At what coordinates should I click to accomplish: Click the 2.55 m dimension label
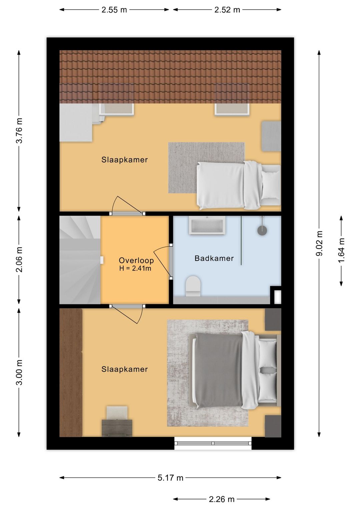pyautogui.click(x=114, y=10)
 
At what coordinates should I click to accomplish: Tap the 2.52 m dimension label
pyautogui.click(x=227, y=10)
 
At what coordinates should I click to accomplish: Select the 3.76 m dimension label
pyautogui.click(x=19, y=130)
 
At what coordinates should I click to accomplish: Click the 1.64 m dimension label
pyautogui.click(x=341, y=250)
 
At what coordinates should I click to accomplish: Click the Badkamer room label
pyautogui.click(x=214, y=258)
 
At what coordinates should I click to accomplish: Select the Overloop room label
pyautogui.click(x=136, y=260)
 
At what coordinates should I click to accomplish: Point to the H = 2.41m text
pyautogui.click(x=135, y=269)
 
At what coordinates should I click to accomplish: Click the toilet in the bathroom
pyautogui.click(x=193, y=286)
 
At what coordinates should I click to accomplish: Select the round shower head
pyautogui.click(x=262, y=230)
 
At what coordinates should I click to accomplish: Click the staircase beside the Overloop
pyautogui.click(x=80, y=260)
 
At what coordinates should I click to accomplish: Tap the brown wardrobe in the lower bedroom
pyautogui.click(x=71, y=373)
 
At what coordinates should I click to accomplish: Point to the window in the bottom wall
pyautogui.click(x=213, y=443)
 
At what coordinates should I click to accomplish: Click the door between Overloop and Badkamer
pyautogui.click(x=171, y=261)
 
